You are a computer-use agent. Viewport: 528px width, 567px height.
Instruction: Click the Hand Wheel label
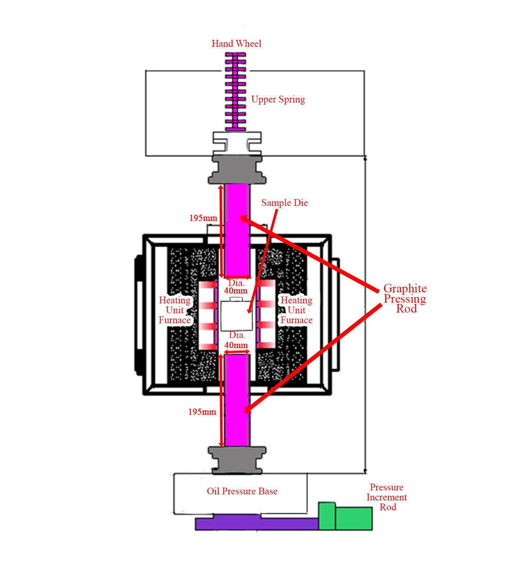[x=236, y=44]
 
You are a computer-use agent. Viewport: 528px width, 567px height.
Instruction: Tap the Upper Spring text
[x=278, y=99]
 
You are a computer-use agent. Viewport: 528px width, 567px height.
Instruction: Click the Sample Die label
[x=284, y=203]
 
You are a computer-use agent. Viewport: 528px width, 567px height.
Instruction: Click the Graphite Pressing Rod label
[x=405, y=299]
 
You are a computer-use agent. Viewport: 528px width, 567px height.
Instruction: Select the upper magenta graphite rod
[x=237, y=229]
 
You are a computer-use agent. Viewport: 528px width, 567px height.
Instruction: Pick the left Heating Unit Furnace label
[x=175, y=310]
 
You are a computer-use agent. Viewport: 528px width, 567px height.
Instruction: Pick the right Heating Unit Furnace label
[x=296, y=310]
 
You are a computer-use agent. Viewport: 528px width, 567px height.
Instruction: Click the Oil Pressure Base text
[x=242, y=491]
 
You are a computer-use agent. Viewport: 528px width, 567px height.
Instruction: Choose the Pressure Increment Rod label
[x=387, y=497]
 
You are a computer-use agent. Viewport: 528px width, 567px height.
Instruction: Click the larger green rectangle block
[x=354, y=518]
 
